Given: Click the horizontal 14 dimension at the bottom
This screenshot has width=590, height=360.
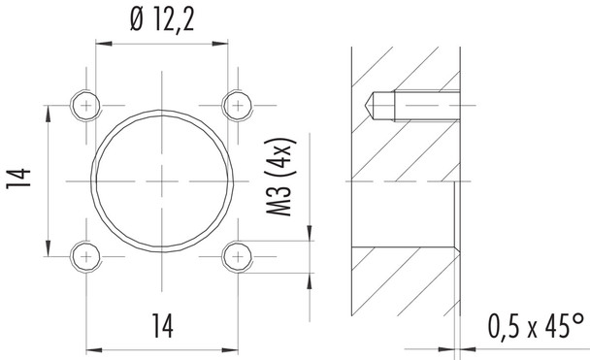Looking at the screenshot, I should click(x=160, y=327).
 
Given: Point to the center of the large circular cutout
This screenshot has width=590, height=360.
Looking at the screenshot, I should click(x=162, y=180).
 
